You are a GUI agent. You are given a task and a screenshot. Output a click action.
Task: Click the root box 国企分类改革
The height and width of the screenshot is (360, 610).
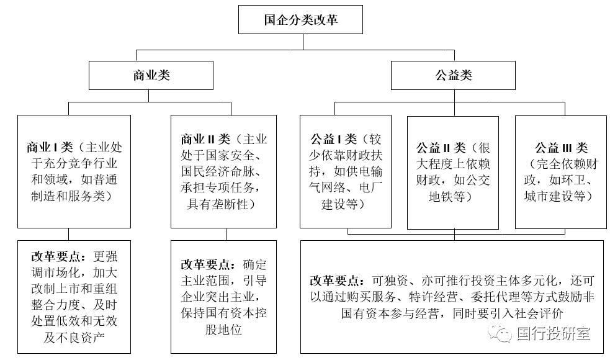click(x=300, y=19)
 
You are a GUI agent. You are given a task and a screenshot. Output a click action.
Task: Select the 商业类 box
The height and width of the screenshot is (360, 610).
click(x=151, y=75)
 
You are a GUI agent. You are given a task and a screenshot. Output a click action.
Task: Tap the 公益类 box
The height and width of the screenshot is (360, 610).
click(x=453, y=75)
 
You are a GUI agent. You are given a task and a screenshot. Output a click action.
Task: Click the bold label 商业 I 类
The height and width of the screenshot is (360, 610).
click(x=50, y=147)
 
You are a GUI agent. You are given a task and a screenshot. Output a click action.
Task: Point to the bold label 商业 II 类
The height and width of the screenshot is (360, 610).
click(x=205, y=139)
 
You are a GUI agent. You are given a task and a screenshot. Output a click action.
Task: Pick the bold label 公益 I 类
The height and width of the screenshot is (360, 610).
click(x=333, y=139)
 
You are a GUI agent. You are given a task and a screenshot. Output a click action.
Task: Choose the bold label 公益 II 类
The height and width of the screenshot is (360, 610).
click(x=441, y=148)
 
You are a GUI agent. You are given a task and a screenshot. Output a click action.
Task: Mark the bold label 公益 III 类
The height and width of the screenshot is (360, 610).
click(x=561, y=148)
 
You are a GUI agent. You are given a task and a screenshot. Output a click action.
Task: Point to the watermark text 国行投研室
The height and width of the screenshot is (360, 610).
click(x=554, y=333)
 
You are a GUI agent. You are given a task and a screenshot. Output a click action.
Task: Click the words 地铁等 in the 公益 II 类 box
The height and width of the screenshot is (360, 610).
click(x=447, y=197)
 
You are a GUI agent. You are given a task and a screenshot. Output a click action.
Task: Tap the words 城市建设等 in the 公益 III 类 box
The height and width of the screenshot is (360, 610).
click(x=555, y=196)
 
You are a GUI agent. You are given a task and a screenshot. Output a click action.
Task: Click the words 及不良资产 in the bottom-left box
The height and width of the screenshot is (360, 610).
click(x=74, y=337)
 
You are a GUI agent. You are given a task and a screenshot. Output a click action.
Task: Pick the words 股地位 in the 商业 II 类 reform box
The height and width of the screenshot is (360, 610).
click(x=223, y=329)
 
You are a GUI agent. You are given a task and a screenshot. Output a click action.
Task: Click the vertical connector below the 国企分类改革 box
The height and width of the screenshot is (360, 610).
click(x=303, y=42)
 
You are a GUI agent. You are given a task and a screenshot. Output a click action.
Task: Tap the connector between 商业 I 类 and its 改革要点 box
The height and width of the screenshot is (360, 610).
click(x=68, y=234)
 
